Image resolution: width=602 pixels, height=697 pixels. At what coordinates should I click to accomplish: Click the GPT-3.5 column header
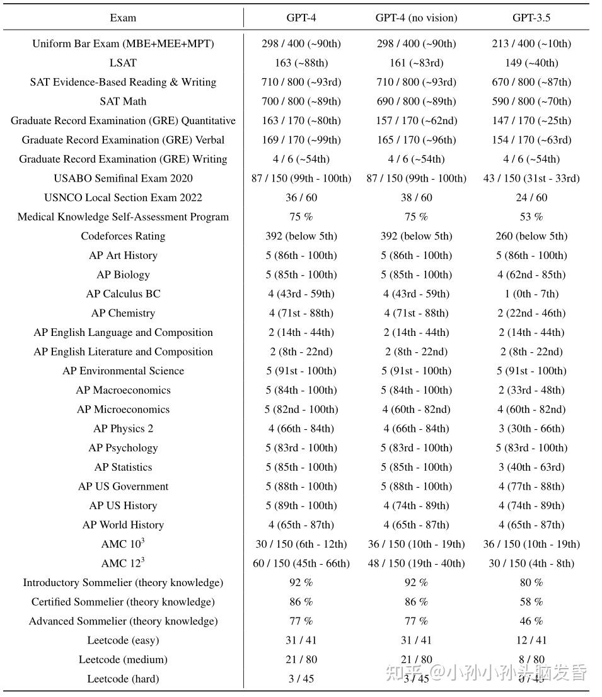click(531, 18)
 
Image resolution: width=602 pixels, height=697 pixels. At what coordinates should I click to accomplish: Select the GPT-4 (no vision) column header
click(416, 18)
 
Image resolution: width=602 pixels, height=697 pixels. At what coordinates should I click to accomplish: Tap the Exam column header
click(123, 18)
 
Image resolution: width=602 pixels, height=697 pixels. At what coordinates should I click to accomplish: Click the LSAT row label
click(123, 63)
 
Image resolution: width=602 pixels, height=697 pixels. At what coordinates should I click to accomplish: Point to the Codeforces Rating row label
click(123, 236)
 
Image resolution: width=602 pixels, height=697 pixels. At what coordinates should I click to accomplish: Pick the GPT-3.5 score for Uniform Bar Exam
click(531, 43)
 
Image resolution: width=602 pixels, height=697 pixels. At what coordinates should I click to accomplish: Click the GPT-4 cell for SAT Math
click(301, 101)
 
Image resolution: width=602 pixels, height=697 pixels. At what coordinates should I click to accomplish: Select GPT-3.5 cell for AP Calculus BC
click(531, 294)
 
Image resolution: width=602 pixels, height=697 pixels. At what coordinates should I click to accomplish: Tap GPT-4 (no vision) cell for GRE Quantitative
click(416, 121)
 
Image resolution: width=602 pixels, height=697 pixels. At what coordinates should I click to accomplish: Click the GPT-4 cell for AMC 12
click(301, 563)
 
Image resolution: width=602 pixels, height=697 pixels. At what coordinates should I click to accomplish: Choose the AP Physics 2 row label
click(123, 429)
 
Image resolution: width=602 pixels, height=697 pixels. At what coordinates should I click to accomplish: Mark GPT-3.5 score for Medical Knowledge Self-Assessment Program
click(531, 217)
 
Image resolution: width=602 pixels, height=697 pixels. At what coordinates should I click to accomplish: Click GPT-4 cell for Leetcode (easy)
click(301, 641)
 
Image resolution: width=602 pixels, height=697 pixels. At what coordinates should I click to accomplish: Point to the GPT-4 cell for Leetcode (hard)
click(301, 679)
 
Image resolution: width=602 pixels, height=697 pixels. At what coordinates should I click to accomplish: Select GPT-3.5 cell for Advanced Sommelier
click(531, 621)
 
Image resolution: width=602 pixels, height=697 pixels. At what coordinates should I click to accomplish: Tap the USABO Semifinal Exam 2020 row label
click(123, 178)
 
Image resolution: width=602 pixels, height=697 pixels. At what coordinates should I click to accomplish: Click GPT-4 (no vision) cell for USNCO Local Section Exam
click(416, 198)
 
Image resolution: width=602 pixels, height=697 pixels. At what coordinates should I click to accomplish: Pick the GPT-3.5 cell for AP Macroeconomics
click(531, 391)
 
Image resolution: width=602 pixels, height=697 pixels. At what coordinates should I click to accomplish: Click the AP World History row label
click(123, 526)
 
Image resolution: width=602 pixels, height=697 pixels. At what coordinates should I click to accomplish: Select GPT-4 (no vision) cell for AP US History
click(416, 506)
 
